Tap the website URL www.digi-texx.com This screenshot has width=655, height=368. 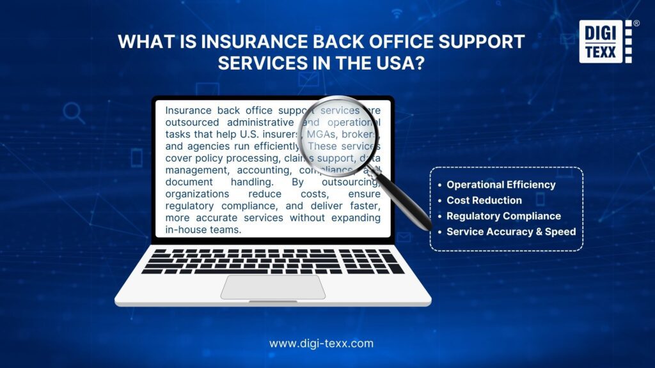pyautogui.click(x=321, y=343)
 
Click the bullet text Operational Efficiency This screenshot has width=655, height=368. pyautogui.click(x=501, y=185)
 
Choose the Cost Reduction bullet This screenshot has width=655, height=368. pyautogui.click(x=484, y=200)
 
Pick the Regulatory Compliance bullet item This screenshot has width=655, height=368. pyautogui.click(x=503, y=216)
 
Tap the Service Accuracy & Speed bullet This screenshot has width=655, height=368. pyautogui.click(x=511, y=231)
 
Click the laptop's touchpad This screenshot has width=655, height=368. pyautogui.click(x=273, y=287)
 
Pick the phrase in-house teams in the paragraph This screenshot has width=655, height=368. pyautogui.click(x=203, y=229)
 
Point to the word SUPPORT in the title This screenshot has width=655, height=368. pyautogui.click(x=480, y=42)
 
